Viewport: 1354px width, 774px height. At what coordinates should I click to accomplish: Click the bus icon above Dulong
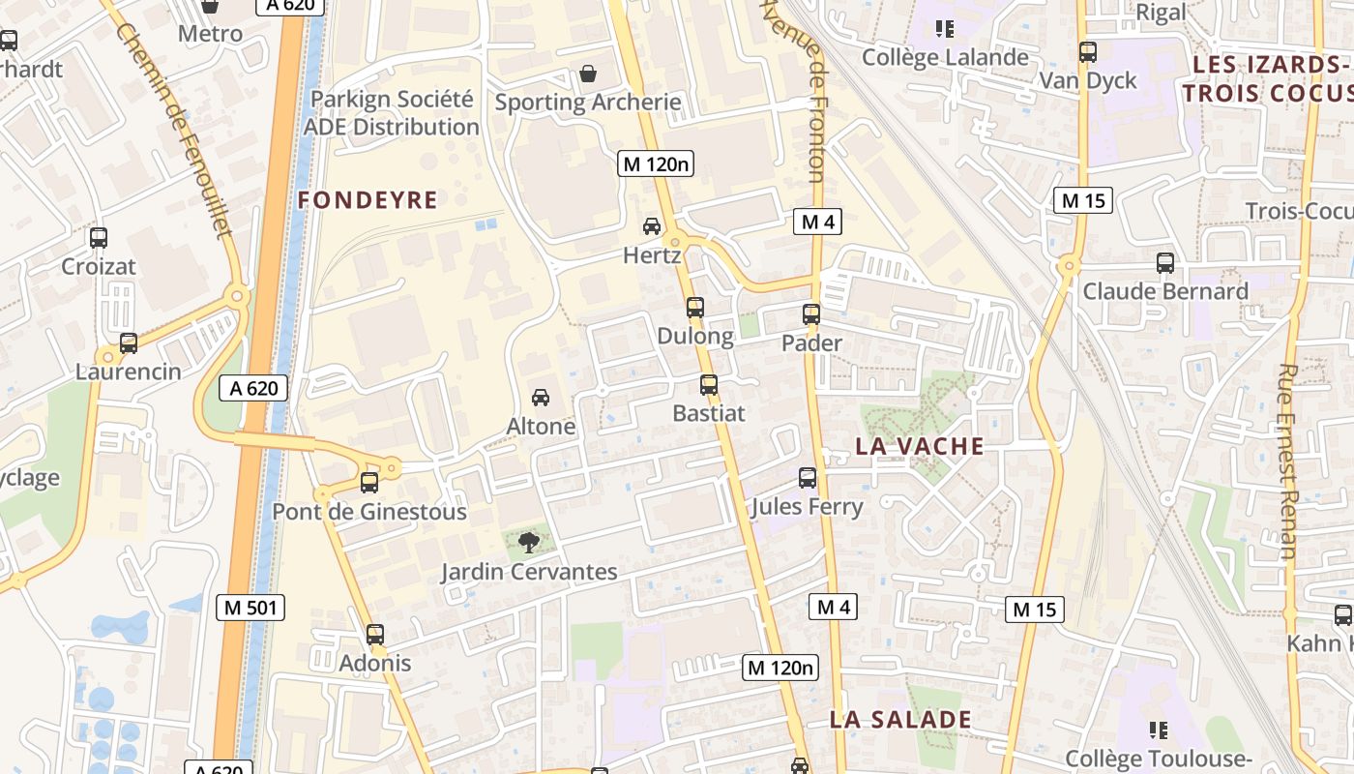694,308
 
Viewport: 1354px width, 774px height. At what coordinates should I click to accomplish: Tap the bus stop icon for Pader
810,314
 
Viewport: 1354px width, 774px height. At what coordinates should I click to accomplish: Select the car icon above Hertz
652,226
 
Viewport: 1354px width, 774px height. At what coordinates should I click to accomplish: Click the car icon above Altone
541,397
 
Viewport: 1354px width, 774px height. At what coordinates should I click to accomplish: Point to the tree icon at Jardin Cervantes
528,542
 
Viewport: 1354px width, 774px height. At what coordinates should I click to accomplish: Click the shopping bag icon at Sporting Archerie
587,74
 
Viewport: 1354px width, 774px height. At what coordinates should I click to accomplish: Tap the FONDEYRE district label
368,200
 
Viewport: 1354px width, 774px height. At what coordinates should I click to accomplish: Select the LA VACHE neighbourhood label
920,446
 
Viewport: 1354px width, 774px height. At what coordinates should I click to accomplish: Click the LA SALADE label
900,719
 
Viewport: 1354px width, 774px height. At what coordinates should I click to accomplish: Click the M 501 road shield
250,608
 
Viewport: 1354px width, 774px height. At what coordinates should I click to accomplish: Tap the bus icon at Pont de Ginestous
368,482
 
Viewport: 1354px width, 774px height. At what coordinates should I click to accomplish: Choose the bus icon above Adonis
374,635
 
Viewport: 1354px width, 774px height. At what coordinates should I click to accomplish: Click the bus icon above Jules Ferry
807,477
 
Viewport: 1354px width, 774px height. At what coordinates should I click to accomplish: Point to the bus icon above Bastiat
708,384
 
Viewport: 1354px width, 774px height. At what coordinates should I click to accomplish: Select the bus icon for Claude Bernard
1164,262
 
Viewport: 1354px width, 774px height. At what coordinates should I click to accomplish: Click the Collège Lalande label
945,57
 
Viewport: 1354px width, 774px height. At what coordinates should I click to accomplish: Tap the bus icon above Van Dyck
1087,51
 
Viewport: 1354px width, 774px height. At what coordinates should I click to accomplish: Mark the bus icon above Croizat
98,237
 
